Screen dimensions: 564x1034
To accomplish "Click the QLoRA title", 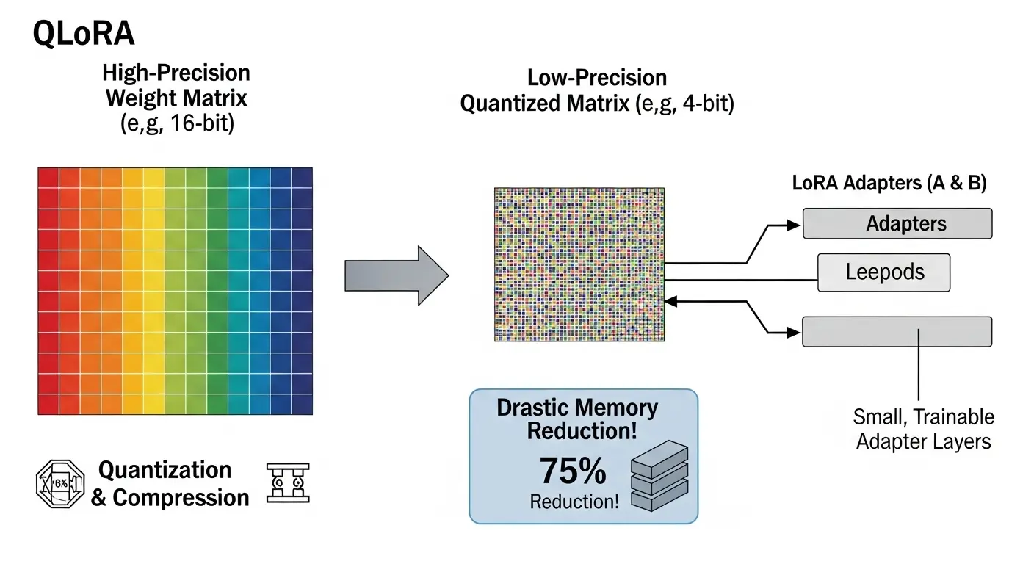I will click(x=84, y=35).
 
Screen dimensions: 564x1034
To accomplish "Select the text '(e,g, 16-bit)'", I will click(x=176, y=123).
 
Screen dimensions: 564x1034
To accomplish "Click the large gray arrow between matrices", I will click(x=397, y=275).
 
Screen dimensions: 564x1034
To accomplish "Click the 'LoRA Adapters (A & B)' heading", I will click(x=889, y=184).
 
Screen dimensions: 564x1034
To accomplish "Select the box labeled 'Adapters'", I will click(x=897, y=223).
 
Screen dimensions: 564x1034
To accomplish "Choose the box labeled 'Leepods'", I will click(x=884, y=272).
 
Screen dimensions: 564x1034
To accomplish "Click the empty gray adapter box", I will click(x=897, y=331).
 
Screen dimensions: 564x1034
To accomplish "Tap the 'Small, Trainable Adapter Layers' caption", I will click(x=923, y=429).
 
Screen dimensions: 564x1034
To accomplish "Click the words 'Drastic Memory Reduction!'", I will click(x=577, y=419).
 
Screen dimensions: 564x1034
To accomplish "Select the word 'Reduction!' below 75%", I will click(x=574, y=502).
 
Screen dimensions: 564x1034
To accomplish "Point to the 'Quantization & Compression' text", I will click(x=169, y=484).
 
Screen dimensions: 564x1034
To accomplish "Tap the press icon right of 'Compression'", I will click(x=287, y=483).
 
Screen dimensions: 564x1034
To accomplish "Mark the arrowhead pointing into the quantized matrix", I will click(x=670, y=300).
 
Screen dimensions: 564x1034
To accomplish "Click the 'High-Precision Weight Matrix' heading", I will click(x=176, y=85).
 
